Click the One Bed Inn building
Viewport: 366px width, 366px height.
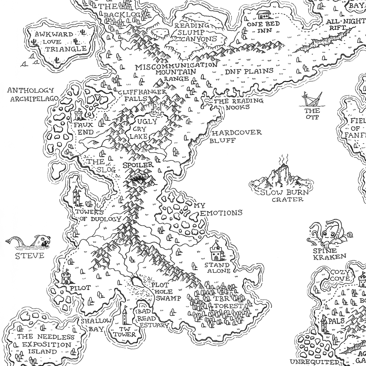264,15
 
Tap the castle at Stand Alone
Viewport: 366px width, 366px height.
216,252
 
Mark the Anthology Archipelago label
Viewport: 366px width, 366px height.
30,95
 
